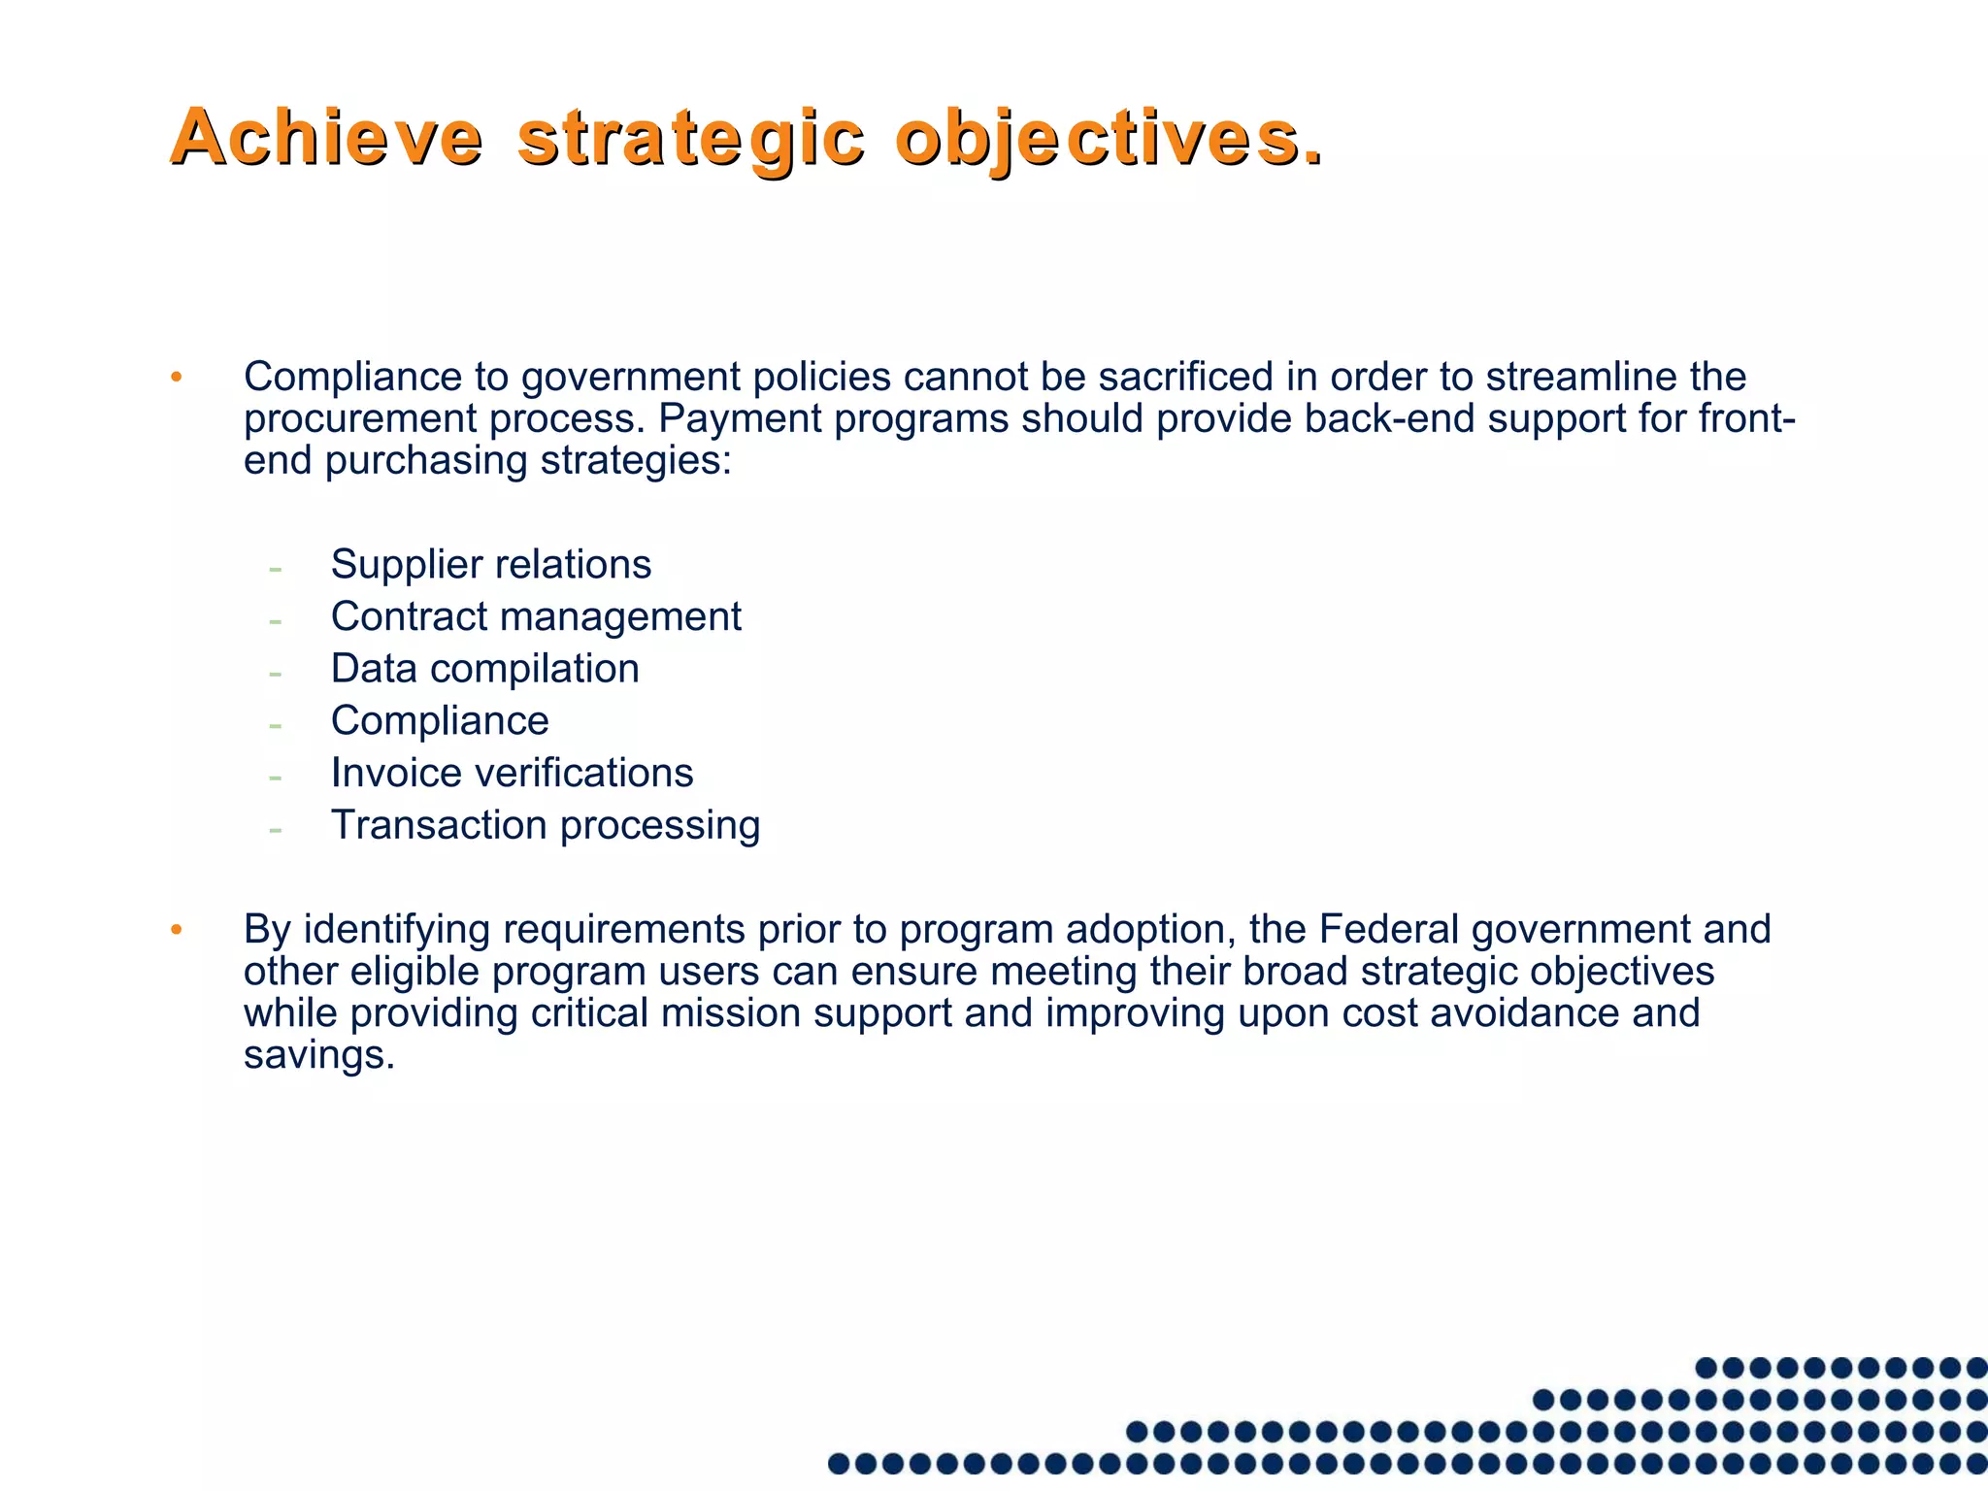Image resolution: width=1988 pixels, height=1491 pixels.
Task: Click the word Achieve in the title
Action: (326, 138)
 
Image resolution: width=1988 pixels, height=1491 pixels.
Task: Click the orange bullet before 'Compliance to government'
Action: (176, 378)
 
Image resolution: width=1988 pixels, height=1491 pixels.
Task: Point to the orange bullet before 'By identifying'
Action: (176, 930)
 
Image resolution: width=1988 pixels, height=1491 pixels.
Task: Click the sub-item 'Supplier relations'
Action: (490, 564)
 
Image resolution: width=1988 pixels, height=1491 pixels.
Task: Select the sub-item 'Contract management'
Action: (536, 616)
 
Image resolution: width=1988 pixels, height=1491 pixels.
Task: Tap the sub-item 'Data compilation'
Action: (484, 669)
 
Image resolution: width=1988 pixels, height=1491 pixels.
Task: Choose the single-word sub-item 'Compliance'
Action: (440, 721)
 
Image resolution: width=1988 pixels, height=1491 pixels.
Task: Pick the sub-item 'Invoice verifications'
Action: (512, 773)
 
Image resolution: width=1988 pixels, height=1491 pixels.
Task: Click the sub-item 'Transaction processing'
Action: (546, 825)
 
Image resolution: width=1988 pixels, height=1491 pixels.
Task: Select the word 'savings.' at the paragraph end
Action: (319, 1055)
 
